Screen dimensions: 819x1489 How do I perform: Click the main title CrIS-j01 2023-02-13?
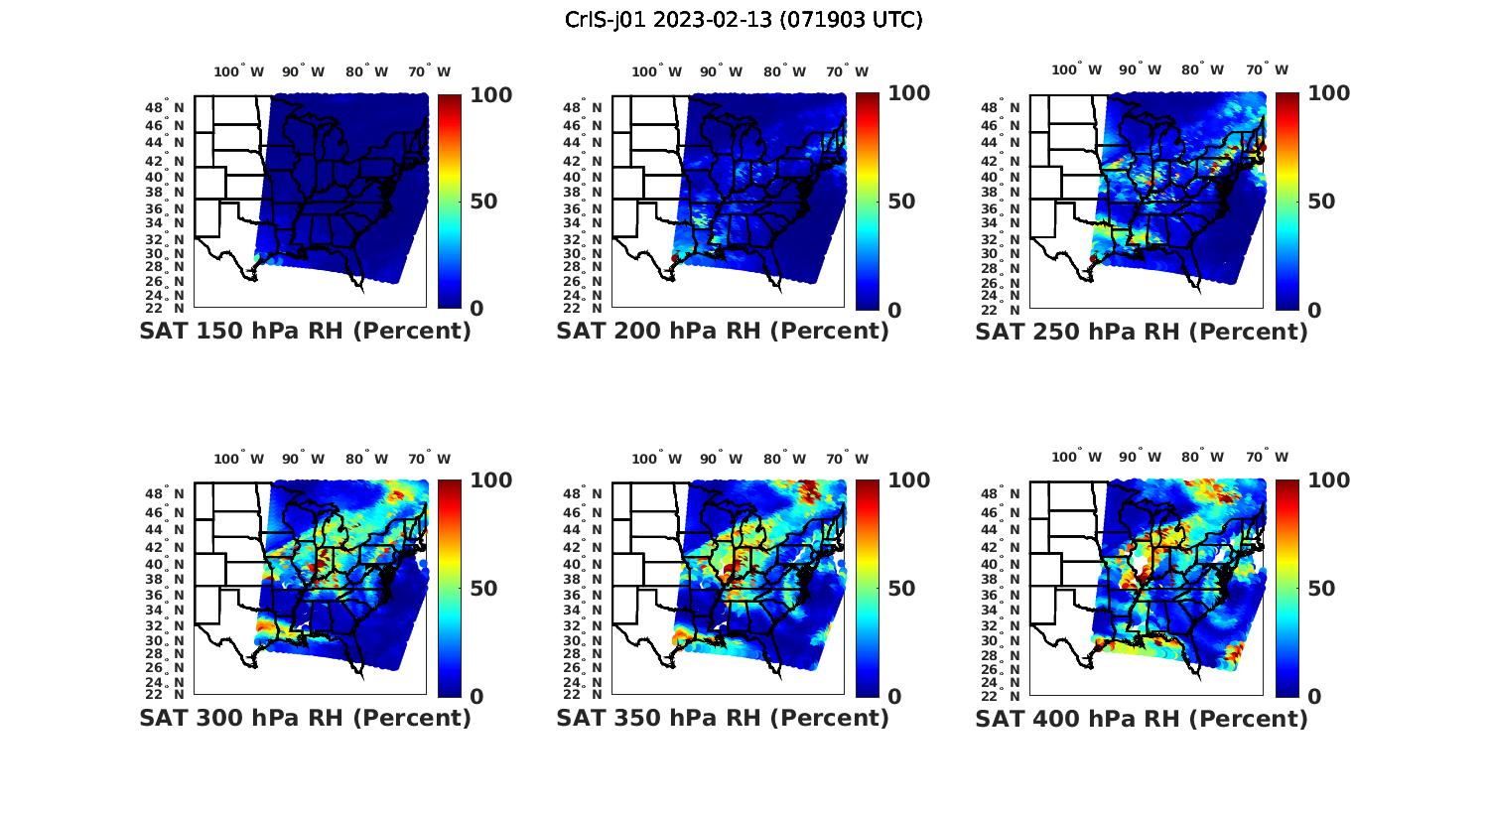(744, 19)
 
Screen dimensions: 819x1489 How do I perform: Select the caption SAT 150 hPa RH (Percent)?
(305, 331)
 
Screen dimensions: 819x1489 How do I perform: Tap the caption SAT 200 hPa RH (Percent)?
(723, 331)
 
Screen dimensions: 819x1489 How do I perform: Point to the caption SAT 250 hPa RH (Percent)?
(1142, 331)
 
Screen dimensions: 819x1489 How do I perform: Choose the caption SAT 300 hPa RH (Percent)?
(305, 717)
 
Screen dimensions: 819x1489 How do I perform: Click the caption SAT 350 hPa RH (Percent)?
(723, 717)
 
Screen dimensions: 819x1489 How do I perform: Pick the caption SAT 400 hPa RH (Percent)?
(1142, 717)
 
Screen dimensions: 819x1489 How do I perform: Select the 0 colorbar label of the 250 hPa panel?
(1314, 310)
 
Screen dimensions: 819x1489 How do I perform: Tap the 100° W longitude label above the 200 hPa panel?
(656, 71)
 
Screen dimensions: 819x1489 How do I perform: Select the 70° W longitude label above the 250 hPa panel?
(1267, 69)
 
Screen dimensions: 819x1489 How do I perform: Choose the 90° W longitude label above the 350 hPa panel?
(721, 459)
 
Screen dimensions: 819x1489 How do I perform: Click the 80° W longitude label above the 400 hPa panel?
(1202, 457)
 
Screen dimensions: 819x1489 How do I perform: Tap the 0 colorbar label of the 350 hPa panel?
(894, 696)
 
